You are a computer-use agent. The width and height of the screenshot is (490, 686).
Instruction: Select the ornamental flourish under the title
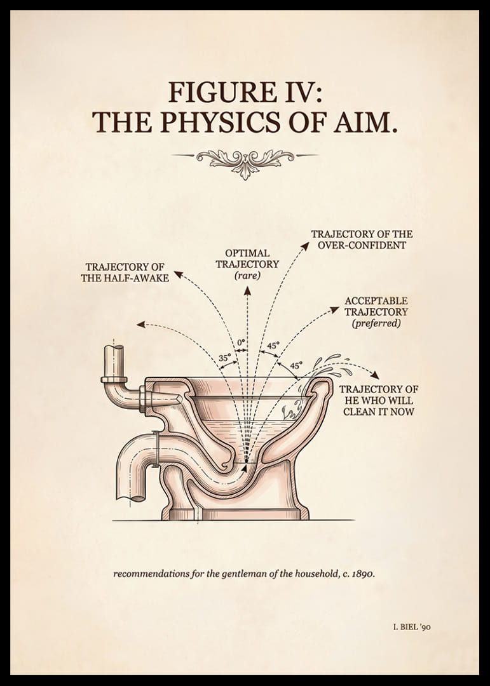pos(245,163)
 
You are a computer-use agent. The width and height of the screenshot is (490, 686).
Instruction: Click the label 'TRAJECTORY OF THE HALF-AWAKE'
pos(125,272)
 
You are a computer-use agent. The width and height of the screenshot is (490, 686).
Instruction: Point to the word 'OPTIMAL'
pos(247,253)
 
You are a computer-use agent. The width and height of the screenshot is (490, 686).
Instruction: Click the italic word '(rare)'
pos(247,276)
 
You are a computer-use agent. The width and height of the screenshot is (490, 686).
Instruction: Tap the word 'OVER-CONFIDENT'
pos(362,245)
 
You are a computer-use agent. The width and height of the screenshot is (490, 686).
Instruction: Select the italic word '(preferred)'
pos(376,323)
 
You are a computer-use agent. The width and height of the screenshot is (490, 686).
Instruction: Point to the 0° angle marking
pos(241,342)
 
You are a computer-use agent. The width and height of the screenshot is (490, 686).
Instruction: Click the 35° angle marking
pos(224,358)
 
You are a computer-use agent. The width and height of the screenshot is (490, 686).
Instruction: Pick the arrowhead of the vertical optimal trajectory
pos(247,290)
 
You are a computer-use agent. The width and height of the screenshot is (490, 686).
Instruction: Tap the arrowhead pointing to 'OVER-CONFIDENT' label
pos(305,245)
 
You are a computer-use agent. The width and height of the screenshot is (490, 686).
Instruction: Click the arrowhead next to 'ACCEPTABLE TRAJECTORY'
pos(334,310)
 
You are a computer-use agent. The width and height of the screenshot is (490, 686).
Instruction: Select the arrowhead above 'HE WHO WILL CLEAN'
pos(374,375)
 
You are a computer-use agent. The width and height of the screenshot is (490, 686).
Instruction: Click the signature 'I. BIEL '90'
pos(412,627)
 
